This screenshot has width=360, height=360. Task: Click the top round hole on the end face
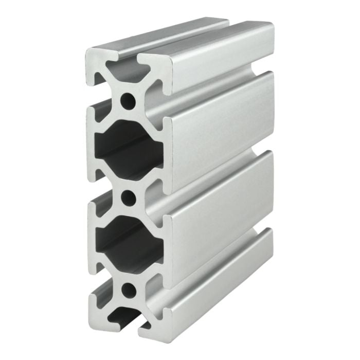point(128,99)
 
